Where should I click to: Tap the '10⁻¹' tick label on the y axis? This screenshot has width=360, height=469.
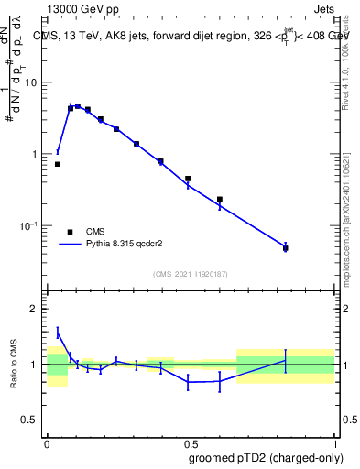(28, 226)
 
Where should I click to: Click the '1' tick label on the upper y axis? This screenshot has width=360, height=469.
(36, 154)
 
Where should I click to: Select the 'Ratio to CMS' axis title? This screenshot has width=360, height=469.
(15, 364)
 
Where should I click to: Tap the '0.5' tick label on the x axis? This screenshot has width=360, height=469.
(190, 442)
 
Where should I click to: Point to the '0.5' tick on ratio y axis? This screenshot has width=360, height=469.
(31, 420)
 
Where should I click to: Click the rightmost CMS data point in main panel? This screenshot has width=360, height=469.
(286, 248)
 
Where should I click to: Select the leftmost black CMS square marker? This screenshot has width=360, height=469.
(58, 164)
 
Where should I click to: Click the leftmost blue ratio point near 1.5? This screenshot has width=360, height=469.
(58, 333)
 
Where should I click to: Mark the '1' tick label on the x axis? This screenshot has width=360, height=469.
(334, 442)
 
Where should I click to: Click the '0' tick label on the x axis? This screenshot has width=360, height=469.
(47, 442)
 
